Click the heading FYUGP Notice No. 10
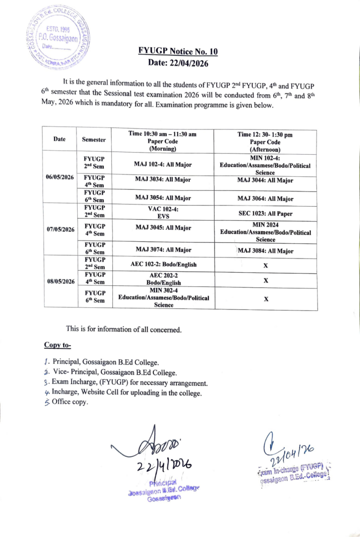tap(177, 51)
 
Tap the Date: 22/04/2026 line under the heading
tap(178, 63)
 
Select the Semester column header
tap(93, 140)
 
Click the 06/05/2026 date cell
tap(59, 177)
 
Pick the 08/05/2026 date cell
tap(59, 281)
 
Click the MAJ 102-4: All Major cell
tap(163, 165)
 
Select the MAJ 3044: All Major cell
tap(266, 180)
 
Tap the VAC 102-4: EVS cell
tap(163, 211)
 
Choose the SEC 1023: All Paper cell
tap(266, 213)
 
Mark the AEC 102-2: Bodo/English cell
tap(163, 265)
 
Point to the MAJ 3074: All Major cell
tap(163, 250)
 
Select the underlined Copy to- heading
tap(57, 345)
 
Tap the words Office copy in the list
tap(70, 402)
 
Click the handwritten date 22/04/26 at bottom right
tap(294, 450)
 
